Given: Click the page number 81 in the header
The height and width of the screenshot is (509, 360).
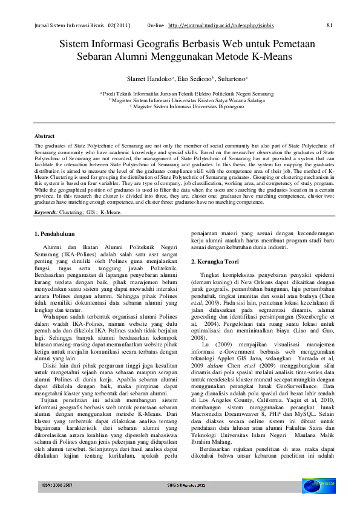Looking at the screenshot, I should click(329, 25).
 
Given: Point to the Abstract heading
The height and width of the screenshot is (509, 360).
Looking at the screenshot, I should click(44, 137).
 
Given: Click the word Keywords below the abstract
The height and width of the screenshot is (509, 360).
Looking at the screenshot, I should click(46, 196).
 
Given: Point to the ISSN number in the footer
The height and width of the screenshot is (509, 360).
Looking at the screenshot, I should click(57, 485).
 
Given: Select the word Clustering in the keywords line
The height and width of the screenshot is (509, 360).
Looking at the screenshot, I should click(74, 196).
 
